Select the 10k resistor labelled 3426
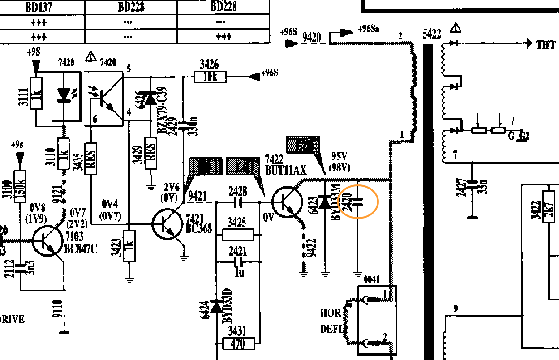210,77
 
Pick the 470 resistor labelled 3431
238,344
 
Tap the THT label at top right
546,44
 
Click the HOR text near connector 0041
331,313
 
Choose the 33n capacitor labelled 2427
471,184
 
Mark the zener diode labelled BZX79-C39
150,100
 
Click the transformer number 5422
432,34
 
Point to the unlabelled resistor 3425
238,234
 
